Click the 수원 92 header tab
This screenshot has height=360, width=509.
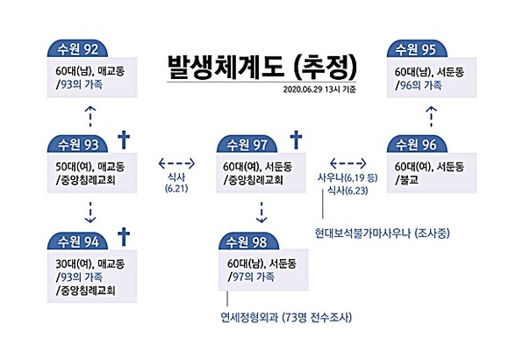click(x=77, y=49)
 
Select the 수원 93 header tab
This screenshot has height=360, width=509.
click(x=77, y=144)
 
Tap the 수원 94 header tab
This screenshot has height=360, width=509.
click(x=77, y=241)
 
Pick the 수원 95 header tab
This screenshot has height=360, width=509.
click(x=417, y=49)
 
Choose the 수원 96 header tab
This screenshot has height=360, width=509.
click(x=417, y=144)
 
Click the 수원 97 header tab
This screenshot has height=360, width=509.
click(x=247, y=144)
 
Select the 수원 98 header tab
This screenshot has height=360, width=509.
click(x=249, y=241)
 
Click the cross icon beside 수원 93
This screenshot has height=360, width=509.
click(x=124, y=140)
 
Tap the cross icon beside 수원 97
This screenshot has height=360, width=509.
click(x=296, y=140)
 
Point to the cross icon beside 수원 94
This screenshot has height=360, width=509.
click(x=124, y=237)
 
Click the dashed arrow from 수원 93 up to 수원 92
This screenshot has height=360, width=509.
click(x=90, y=116)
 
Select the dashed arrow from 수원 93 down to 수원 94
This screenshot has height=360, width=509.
click(x=90, y=212)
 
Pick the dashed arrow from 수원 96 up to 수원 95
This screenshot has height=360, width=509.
click(x=431, y=116)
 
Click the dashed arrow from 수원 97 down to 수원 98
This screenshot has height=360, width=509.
click(x=262, y=212)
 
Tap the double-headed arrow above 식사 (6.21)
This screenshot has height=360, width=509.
click(x=176, y=163)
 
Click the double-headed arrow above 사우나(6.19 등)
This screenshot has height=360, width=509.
click(x=348, y=163)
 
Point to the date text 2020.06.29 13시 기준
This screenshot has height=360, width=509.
click(x=319, y=90)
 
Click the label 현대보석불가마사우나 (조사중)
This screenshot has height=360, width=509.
click(x=382, y=233)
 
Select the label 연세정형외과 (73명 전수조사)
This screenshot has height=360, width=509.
click(x=286, y=317)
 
